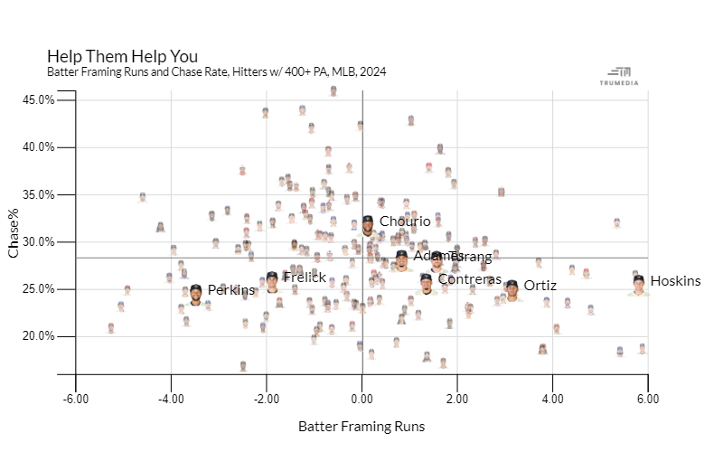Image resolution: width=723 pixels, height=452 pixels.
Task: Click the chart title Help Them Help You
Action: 122,56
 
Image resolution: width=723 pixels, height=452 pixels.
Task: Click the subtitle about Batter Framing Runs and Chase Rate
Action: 216,71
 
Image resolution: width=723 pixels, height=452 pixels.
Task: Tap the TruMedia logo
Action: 620,76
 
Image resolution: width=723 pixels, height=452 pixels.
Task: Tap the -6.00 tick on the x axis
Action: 76,397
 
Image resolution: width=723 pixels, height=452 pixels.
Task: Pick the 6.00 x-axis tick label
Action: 648,397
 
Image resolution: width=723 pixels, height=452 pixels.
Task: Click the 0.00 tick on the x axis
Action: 361,397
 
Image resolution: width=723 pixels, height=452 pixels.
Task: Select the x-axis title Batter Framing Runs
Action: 361,426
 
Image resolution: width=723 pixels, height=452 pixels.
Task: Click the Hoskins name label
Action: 675,281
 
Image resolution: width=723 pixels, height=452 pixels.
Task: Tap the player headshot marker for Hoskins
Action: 639,285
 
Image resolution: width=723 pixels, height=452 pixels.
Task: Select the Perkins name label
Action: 231,290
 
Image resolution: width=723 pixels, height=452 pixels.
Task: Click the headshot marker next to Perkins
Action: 196,294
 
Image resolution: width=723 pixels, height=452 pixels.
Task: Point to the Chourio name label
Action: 399,221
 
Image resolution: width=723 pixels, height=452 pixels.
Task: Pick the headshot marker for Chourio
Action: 368,224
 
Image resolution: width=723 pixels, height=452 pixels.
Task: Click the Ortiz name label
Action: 540,286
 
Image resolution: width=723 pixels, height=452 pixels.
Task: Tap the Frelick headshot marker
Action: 272,281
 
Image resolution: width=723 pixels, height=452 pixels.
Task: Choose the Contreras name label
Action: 469,279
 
